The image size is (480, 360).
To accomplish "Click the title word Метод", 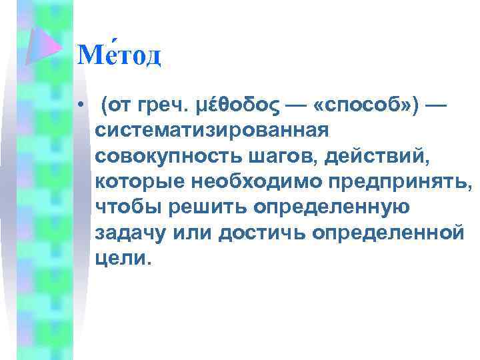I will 119,55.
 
